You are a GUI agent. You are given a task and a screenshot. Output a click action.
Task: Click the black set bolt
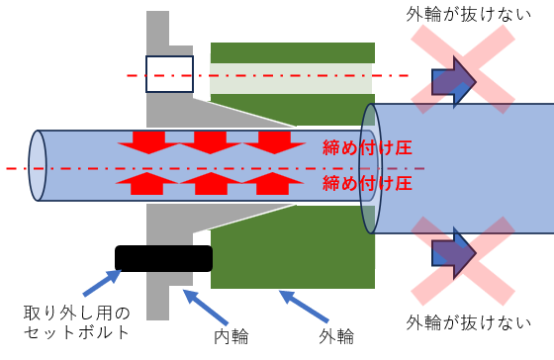(163, 258)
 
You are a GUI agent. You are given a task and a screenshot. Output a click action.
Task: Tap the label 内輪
(231, 336)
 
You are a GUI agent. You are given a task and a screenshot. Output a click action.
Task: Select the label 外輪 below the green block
(336, 336)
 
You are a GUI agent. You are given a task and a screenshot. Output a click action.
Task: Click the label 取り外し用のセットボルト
(77, 322)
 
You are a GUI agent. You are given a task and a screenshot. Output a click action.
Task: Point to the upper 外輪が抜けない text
(469, 15)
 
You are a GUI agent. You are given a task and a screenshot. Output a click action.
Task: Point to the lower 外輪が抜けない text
(469, 322)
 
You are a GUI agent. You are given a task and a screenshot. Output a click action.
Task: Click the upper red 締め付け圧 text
(367, 147)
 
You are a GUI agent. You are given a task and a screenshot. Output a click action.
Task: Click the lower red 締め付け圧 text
(367, 183)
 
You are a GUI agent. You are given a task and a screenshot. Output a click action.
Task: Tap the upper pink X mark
(463, 69)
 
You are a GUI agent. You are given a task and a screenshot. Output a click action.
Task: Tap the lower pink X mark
(463, 261)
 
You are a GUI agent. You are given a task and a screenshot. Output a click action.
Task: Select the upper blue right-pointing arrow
(454, 82)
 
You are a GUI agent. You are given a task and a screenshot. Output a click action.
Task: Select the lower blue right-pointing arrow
(454, 253)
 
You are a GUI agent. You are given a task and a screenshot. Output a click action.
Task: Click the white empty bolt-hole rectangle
(169, 74)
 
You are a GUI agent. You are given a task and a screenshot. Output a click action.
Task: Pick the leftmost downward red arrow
(148, 142)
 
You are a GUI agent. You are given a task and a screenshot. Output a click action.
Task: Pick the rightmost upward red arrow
(273, 183)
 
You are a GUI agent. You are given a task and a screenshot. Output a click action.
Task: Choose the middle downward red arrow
(211, 142)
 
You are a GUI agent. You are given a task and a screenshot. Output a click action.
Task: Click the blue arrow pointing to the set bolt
(102, 283)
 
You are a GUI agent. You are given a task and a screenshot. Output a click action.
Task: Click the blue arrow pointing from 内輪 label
(206, 307)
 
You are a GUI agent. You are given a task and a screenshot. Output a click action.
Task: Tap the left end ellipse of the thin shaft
(38, 166)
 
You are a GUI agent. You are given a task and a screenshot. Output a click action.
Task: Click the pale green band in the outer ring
(291, 79)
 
